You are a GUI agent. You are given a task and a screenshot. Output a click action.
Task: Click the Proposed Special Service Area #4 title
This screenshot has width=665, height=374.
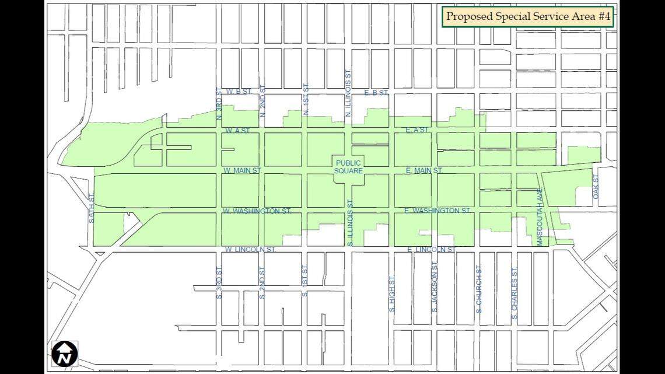click(528, 16)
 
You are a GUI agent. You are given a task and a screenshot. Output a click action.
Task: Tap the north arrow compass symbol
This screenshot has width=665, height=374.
click(65, 354)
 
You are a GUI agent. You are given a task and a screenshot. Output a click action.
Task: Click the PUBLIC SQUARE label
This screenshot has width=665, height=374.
click(348, 167)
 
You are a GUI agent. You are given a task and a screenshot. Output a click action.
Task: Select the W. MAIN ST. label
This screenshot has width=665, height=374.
click(242, 170)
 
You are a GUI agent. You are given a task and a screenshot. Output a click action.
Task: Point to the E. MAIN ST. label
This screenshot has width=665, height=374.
click(424, 170)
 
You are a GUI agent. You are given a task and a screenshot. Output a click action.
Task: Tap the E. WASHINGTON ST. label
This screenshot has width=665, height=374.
click(437, 210)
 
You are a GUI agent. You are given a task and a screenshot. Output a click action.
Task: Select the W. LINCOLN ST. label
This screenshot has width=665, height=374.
click(250, 249)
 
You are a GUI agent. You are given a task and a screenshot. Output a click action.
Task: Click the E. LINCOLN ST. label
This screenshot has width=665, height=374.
click(432, 249)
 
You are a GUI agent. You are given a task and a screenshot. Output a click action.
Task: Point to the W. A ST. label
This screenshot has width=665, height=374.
click(237, 130)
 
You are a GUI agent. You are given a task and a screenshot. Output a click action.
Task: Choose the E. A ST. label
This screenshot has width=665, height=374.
click(417, 130)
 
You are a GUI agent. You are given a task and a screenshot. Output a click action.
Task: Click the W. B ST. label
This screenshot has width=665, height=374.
click(239, 92)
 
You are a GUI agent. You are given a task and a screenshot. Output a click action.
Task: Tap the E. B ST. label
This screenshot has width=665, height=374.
click(376, 92)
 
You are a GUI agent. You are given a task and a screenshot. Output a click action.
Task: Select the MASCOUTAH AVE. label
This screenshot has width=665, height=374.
click(540, 220)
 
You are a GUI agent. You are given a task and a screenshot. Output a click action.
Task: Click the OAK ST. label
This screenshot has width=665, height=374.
click(596, 187)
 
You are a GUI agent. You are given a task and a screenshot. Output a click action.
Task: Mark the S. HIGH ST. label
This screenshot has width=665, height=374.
click(392, 293)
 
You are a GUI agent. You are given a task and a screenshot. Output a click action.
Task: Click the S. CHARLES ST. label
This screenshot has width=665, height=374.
click(514, 293)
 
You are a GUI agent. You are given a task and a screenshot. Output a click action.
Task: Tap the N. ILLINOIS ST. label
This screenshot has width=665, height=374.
click(348, 93)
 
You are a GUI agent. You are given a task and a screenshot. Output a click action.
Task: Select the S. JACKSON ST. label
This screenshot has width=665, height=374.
click(435, 289)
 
